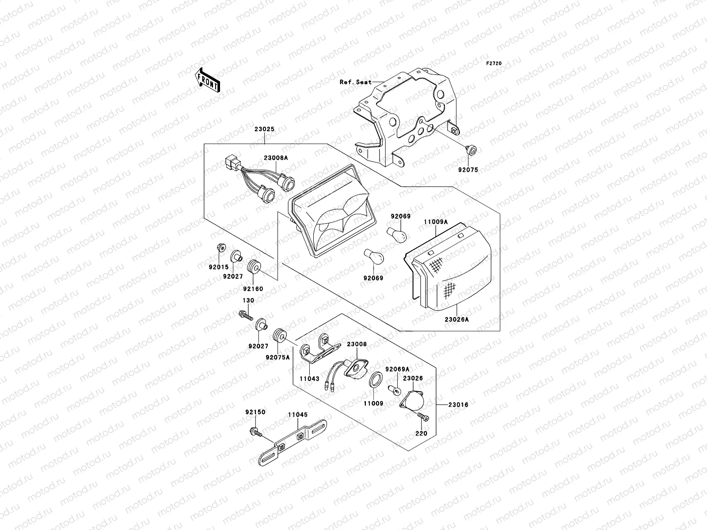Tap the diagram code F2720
point(494,64)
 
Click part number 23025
point(264,129)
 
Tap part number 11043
point(309,379)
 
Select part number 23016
point(459,405)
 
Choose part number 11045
point(298,415)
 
